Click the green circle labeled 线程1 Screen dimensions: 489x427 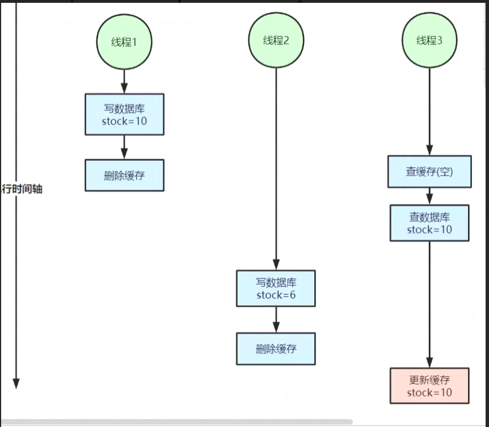pyautogui.click(x=124, y=42)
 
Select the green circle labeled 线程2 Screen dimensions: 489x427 pyautogui.click(x=276, y=40)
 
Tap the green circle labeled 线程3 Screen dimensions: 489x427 pyautogui.click(x=429, y=40)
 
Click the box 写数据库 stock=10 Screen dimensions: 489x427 pyautogui.click(x=124, y=114)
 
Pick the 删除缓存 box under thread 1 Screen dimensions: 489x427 pyautogui.click(x=124, y=175)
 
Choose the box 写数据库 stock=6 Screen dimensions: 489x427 pyautogui.click(x=276, y=288)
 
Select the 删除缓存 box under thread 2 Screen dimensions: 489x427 pyautogui.click(x=276, y=349)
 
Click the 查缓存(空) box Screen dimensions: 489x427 pyautogui.click(x=429, y=172)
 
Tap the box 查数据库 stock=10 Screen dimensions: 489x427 pyautogui.click(x=429, y=223)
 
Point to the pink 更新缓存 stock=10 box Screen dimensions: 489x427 pyautogui.click(x=429, y=386)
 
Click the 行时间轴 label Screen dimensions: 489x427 pyautogui.click(x=22, y=189)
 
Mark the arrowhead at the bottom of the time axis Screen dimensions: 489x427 pyautogui.click(x=16, y=384)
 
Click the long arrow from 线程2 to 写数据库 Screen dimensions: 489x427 pyautogui.click(x=276, y=169)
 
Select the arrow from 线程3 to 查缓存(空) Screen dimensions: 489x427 pyautogui.click(x=429, y=112)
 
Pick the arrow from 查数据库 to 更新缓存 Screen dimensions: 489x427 pyautogui.click(x=429, y=304)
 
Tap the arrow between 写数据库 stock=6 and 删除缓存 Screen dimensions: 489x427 pyautogui.click(x=276, y=319)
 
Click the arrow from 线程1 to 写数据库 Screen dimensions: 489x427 pyautogui.click(x=124, y=82)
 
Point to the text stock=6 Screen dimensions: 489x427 pyautogui.click(x=276, y=294)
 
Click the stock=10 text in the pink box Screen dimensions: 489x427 pyautogui.click(x=429, y=392)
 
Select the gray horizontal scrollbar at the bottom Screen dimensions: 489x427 pyautogui.click(x=176, y=422)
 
